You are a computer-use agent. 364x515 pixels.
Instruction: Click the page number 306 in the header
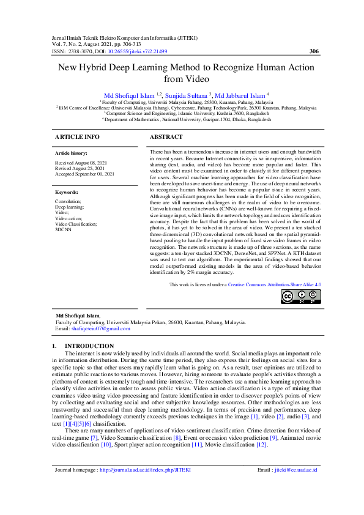click(313, 51)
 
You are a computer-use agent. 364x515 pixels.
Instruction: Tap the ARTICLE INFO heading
click(77, 136)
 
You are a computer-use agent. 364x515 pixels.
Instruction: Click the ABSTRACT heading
click(166, 136)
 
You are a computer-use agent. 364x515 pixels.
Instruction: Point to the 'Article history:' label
click(71, 153)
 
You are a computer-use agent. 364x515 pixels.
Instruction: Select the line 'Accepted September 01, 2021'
click(84, 174)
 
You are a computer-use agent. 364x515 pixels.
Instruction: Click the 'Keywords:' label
click(67, 191)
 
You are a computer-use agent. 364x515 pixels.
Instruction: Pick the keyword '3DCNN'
click(64, 229)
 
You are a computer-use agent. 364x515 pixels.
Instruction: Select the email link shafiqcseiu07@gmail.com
click(100, 328)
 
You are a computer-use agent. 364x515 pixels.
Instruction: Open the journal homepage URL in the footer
click(145, 486)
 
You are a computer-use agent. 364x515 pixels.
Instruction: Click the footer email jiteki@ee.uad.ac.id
click(295, 486)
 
